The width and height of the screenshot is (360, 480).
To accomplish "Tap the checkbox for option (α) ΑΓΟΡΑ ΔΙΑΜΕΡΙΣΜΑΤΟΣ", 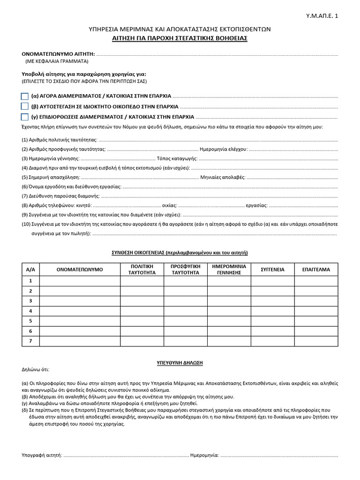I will coord(25,96).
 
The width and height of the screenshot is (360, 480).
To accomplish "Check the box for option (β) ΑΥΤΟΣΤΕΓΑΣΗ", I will coord(25,106).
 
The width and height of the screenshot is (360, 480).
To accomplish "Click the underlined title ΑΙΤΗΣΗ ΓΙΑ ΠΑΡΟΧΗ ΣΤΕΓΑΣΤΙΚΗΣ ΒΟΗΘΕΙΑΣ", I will coord(180,38).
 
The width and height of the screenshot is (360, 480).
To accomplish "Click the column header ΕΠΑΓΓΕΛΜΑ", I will coord(316,270).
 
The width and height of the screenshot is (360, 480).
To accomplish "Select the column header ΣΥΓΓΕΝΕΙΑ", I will coord(272,270).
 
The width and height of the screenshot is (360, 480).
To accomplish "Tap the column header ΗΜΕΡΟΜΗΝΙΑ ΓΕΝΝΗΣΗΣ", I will coord(229,270).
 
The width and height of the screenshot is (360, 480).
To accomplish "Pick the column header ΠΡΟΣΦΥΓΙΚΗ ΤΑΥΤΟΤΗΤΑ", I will coord(186,270).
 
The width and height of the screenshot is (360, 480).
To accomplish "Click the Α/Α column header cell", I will coord(31,270).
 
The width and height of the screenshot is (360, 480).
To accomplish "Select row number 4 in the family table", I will coord(31,311).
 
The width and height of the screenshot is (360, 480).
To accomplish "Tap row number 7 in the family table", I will coord(31,341).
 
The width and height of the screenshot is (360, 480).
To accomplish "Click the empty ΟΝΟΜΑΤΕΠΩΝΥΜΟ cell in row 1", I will coord(80,281).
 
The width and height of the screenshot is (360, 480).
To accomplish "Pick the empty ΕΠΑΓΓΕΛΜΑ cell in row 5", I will coord(316,321).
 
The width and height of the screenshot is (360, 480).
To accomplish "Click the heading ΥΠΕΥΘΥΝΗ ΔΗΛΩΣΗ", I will coord(180,363).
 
